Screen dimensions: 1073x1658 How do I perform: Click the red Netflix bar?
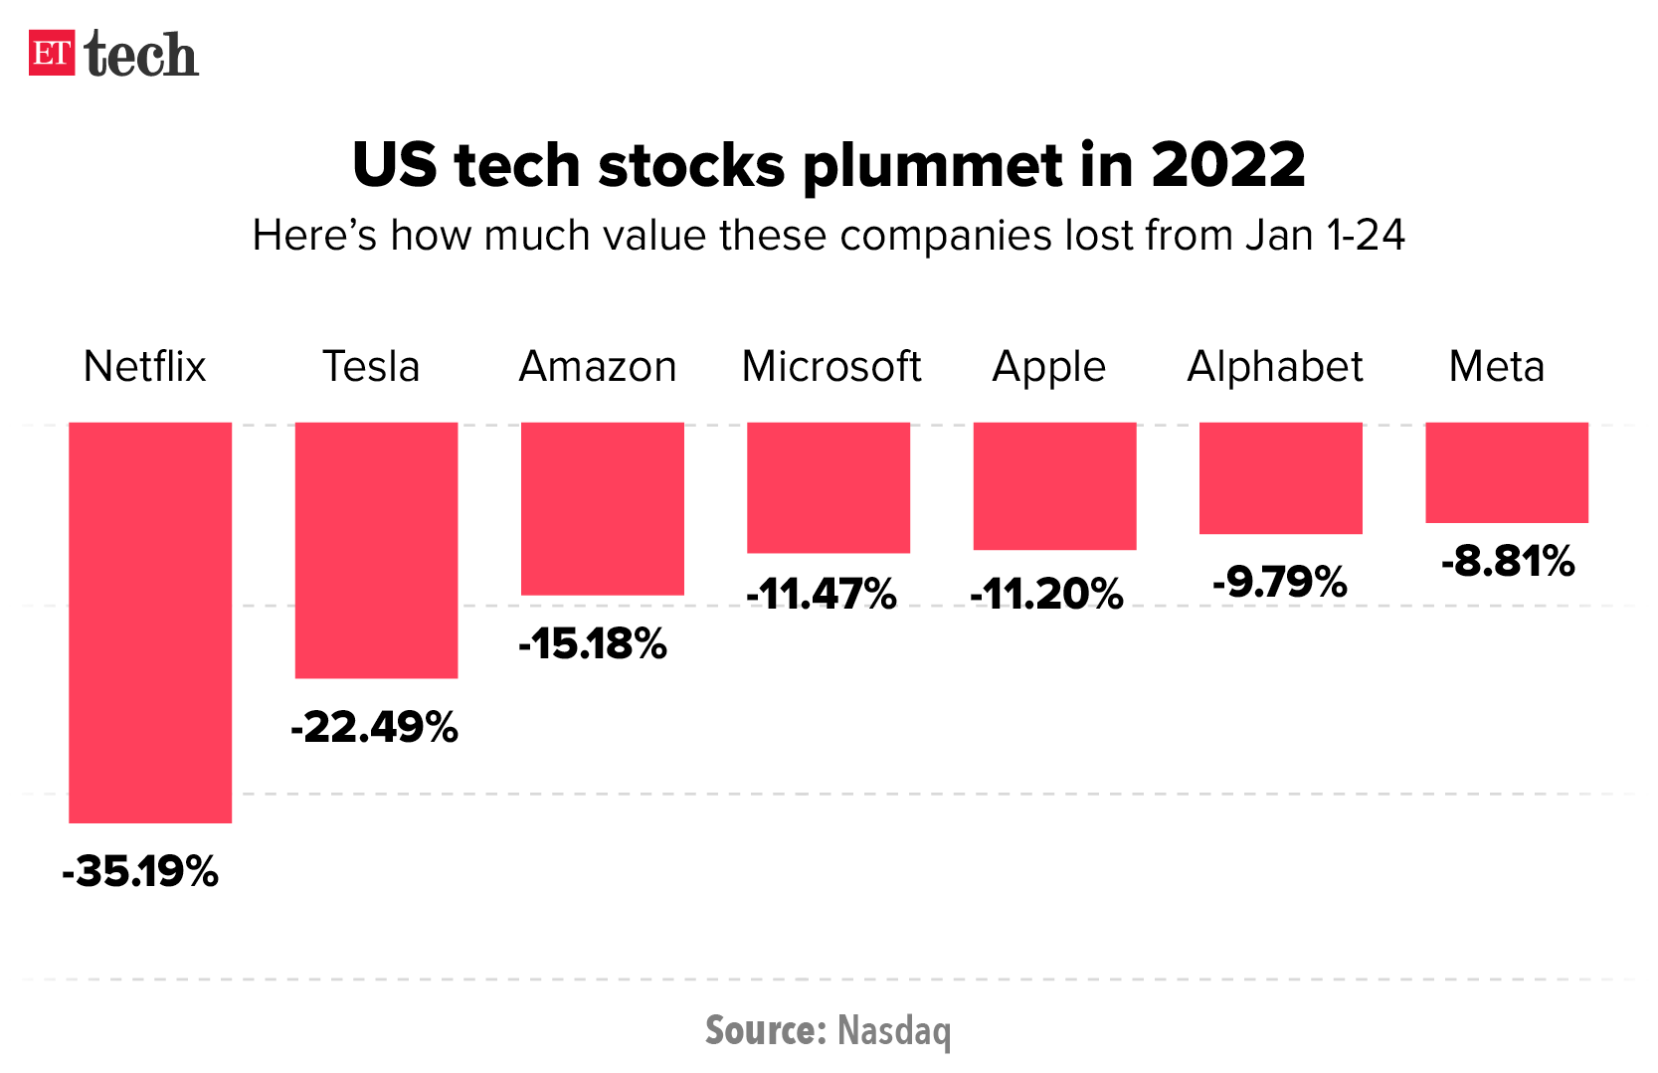coord(150,622)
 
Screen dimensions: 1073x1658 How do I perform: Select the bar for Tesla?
coord(376,550)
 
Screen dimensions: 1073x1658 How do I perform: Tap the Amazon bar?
coord(603,508)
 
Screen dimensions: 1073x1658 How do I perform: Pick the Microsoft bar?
coord(829,487)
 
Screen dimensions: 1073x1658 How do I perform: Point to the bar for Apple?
coord(1054,485)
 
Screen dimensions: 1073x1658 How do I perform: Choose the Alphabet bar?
coord(1280,477)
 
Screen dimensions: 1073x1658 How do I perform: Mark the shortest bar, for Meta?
coord(1506,472)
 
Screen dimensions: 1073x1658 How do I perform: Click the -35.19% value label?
coord(140,872)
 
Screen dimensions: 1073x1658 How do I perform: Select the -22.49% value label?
coord(374,727)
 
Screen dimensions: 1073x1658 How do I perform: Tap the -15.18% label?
coord(593,644)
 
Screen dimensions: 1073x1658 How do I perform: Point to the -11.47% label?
coord(822,595)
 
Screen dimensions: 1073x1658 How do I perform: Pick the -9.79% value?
coord(1279,582)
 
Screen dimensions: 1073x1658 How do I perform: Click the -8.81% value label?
coord(1508,562)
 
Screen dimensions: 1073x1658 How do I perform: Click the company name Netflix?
coord(144,367)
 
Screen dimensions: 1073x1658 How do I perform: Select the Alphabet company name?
coord(1275,367)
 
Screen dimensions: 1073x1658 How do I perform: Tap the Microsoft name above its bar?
coord(831,367)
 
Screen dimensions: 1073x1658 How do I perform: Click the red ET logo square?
coord(52,54)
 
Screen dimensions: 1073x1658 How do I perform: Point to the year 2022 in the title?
coord(1228,165)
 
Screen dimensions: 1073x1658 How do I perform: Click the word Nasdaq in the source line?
coord(894,1031)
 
